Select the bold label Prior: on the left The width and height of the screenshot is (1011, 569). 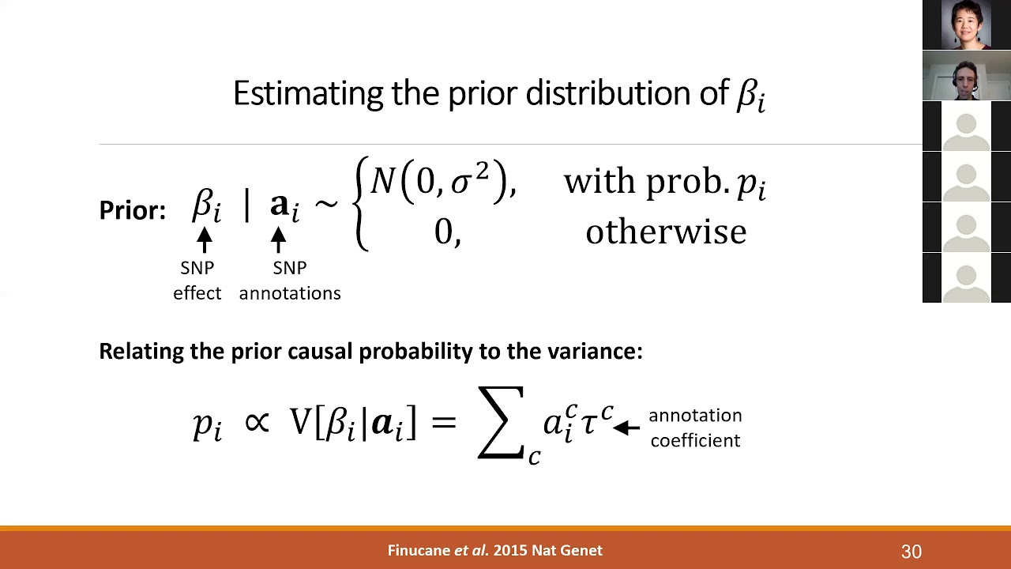[x=132, y=210]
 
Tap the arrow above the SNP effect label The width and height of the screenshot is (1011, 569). [x=205, y=239]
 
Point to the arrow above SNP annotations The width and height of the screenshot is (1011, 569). [x=278, y=239]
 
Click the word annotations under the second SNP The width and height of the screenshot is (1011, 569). [x=290, y=293]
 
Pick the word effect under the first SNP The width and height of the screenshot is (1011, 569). [x=197, y=293]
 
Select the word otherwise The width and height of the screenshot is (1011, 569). [x=666, y=232]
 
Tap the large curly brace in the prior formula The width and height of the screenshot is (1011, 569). [x=362, y=204]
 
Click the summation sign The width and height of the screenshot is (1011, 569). [x=501, y=422]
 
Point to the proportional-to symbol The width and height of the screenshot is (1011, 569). [x=257, y=422]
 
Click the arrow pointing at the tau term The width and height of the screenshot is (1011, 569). [x=626, y=428]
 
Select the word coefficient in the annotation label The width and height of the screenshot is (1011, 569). [x=695, y=440]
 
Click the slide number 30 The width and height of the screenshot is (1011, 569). [x=911, y=552]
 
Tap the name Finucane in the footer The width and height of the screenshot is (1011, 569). [x=418, y=551]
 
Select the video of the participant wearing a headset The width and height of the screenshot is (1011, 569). [x=967, y=76]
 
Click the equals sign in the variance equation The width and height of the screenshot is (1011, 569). [x=444, y=422]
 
